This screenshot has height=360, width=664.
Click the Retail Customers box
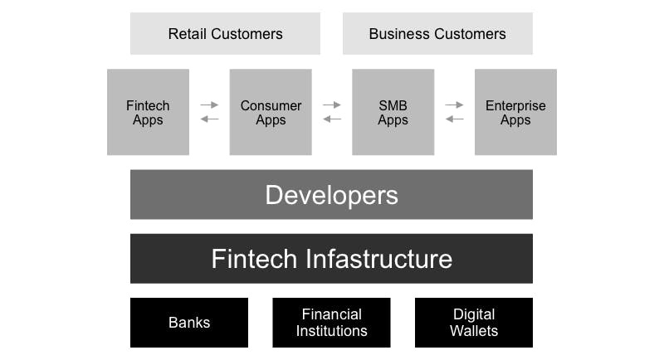click(x=225, y=34)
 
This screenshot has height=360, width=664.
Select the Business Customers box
click(x=437, y=34)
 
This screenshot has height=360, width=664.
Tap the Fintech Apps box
click(x=148, y=112)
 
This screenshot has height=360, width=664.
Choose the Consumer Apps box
click(x=271, y=112)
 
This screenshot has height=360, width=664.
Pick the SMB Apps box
click(x=393, y=112)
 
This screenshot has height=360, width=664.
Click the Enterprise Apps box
click(x=515, y=112)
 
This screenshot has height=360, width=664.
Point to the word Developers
click(x=331, y=195)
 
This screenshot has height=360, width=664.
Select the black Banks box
click(x=189, y=323)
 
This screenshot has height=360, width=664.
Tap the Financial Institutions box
click(x=331, y=323)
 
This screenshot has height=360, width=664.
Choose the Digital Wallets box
click(x=474, y=323)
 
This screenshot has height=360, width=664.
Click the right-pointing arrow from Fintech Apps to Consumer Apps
click(x=209, y=105)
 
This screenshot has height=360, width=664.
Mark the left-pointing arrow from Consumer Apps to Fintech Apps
click(x=209, y=119)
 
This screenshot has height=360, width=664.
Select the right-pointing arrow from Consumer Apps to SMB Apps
click(x=332, y=105)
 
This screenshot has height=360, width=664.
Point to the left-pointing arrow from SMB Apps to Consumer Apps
click(x=332, y=119)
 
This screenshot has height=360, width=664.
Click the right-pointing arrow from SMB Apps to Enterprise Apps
click(x=454, y=105)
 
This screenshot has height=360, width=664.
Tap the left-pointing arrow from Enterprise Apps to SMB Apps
click(x=454, y=119)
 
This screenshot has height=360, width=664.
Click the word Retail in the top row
click(x=187, y=34)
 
